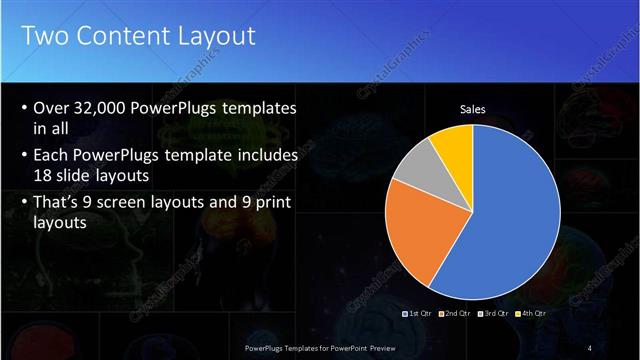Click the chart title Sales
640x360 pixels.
pos(473,110)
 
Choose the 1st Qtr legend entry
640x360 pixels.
pos(418,313)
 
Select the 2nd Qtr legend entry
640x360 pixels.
pos(455,313)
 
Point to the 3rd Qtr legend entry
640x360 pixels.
pos(493,313)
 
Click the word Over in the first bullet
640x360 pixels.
pos(51,108)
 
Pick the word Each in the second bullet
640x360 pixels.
pos(52,156)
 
